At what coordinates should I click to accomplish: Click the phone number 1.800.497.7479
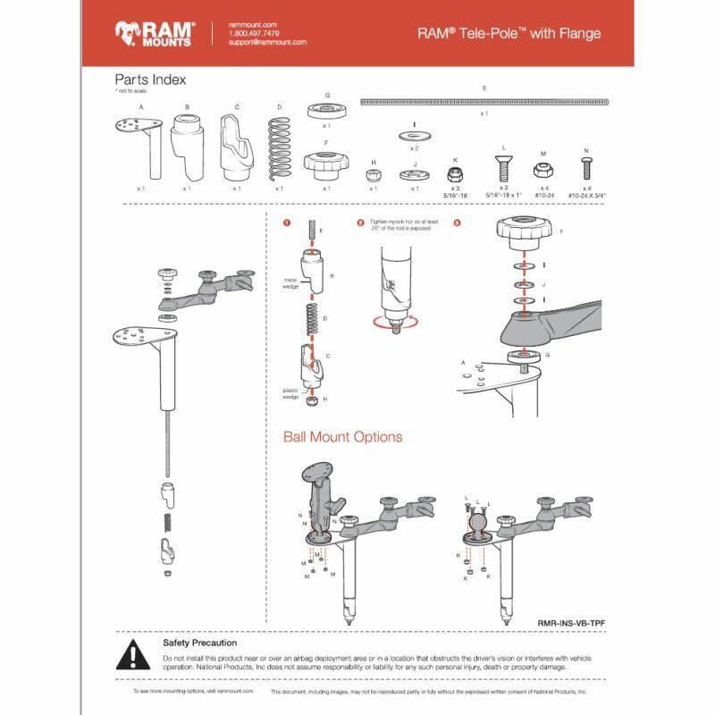[x=256, y=33]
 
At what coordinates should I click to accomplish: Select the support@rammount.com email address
[x=267, y=42]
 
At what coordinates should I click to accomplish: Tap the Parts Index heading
[x=150, y=80]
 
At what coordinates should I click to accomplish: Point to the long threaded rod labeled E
[x=484, y=102]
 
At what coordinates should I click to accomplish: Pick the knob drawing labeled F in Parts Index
[x=327, y=164]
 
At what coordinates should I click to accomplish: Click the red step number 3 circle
[x=457, y=222]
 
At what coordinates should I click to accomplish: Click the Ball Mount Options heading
[x=342, y=437]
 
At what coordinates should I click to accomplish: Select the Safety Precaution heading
[x=199, y=642]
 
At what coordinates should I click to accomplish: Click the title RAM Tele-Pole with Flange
[x=509, y=34]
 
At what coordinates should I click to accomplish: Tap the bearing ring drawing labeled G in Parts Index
[x=327, y=111]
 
